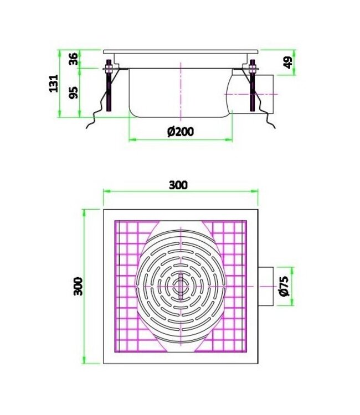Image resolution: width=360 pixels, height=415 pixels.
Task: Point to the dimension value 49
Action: [x=287, y=63]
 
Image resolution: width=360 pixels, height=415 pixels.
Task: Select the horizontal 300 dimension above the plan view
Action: [x=178, y=185]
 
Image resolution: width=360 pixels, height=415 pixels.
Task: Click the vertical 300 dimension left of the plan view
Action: [x=78, y=286]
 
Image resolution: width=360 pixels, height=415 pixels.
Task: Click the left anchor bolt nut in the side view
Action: [x=108, y=69]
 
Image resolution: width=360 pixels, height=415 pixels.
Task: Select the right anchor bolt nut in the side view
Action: [x=252, y=69]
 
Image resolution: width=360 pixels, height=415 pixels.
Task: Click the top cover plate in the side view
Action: [x=180, y=51]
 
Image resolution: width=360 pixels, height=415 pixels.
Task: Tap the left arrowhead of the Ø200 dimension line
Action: [x=131, y=139]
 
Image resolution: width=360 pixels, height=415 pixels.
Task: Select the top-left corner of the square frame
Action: [x=104, y=210]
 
